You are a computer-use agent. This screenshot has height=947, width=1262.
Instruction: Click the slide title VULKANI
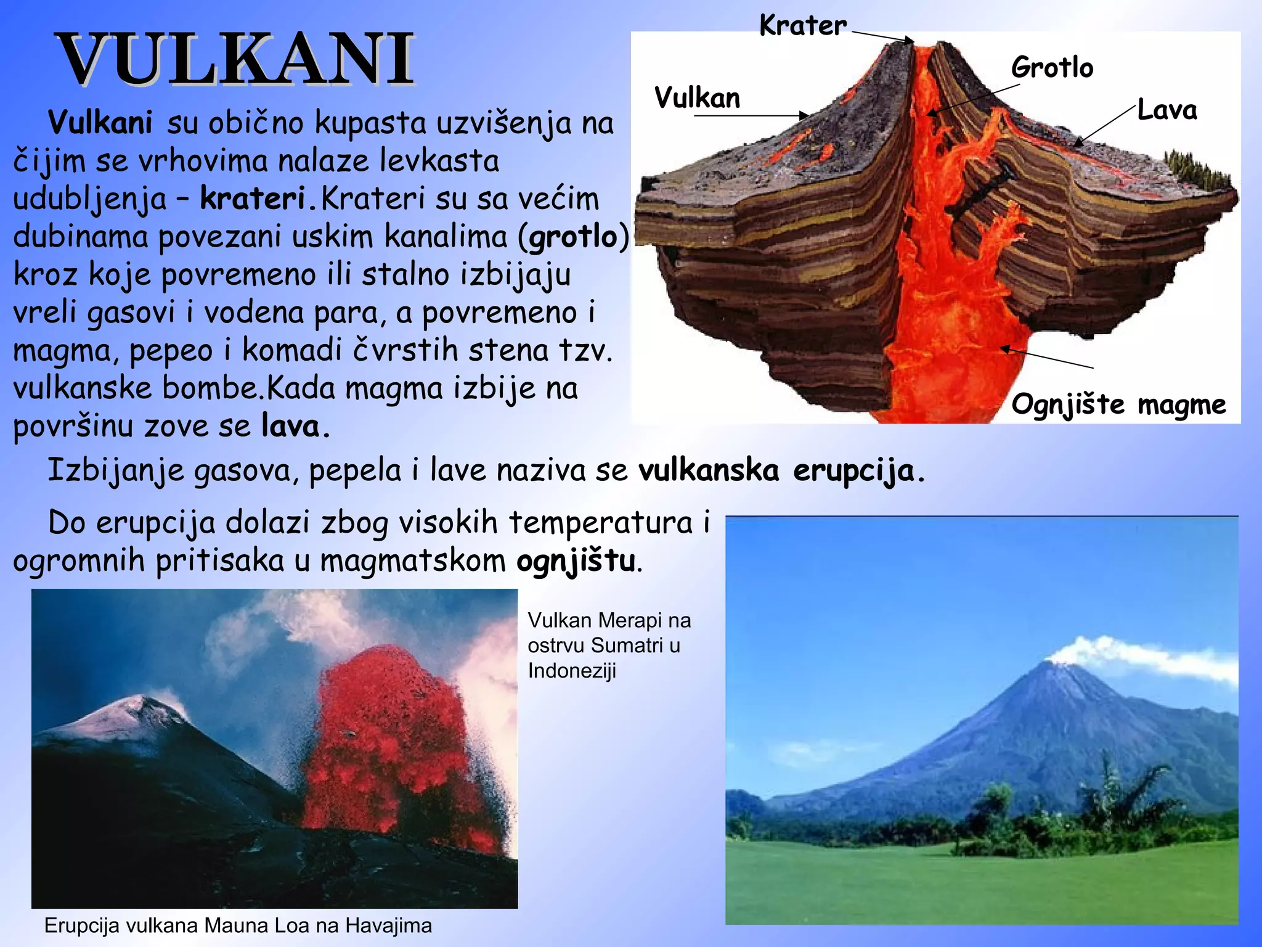237,60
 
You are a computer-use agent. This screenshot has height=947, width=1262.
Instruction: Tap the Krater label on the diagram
802,26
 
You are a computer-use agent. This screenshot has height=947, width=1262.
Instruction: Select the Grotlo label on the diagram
1052,67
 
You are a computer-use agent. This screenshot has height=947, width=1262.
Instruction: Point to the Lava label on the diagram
1166,110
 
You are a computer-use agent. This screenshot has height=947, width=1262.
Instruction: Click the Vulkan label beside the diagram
697,98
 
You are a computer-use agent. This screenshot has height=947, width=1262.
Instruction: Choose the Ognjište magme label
1118,404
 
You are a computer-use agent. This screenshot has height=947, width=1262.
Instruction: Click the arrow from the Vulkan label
752,115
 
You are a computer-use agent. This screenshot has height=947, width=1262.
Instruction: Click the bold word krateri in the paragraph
253,199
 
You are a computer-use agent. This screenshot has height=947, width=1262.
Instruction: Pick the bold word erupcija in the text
853,470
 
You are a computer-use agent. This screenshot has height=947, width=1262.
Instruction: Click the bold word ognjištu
576,561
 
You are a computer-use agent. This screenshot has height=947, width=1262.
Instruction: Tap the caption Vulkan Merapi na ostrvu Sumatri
609,645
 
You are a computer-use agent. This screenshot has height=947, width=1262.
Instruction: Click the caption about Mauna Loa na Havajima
238,925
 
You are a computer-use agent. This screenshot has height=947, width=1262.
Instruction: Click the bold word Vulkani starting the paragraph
100,123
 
